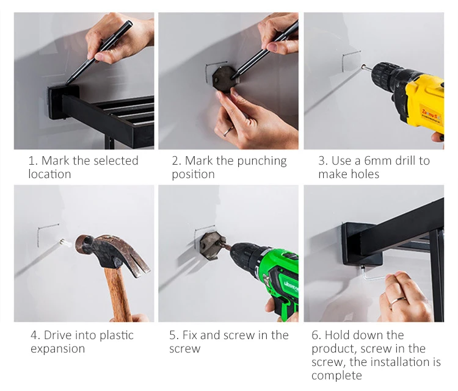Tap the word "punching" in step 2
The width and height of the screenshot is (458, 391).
(261, 162)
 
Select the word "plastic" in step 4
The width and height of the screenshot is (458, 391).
(117, 336)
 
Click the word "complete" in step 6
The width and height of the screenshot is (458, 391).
(336, 376)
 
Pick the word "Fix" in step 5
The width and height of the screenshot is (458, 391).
(189, 335)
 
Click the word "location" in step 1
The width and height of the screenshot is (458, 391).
(49, 174)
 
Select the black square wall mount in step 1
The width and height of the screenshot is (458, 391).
(64, 102)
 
